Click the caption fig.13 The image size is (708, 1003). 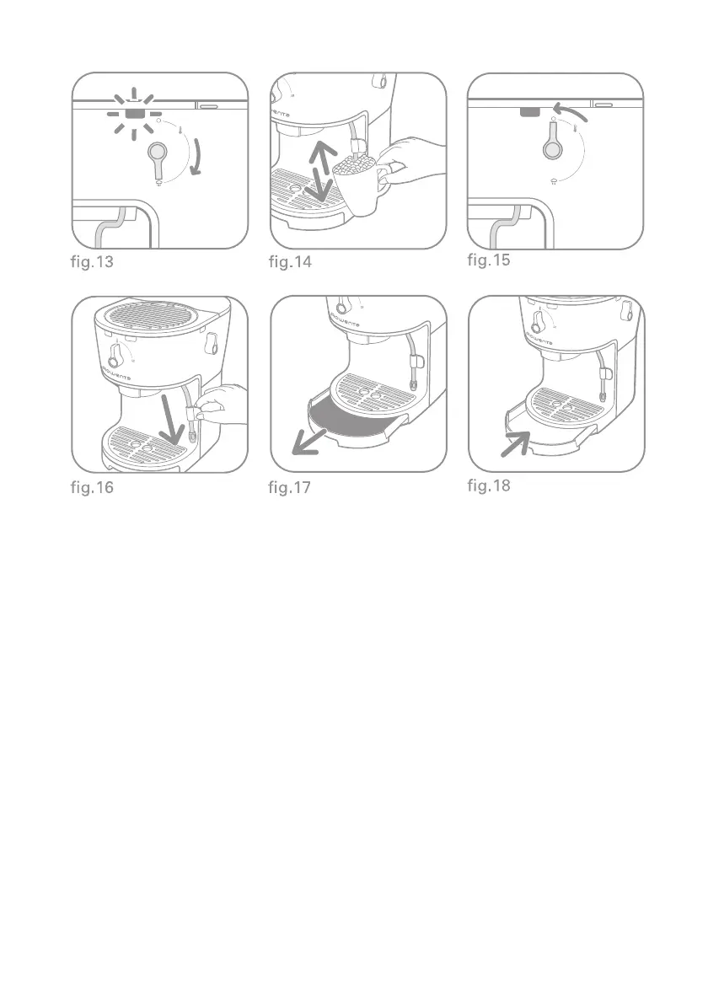[x=92, y=261]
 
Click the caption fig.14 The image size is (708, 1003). [x=290, y=261]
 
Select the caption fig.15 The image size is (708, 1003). [x=489, y=260]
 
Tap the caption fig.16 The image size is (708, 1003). [x=92, y=487]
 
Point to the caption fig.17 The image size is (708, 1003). [x=289, y=487]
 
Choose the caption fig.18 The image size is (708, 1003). [x=489, y=485]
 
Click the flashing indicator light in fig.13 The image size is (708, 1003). [x=134, y=114]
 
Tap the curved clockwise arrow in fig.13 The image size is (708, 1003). [x=198, y=158]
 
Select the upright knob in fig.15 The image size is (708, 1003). [x=552, y=140]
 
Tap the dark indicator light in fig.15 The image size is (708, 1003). [x=530, y=112]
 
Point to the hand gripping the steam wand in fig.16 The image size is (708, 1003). [x=221, y=405]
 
